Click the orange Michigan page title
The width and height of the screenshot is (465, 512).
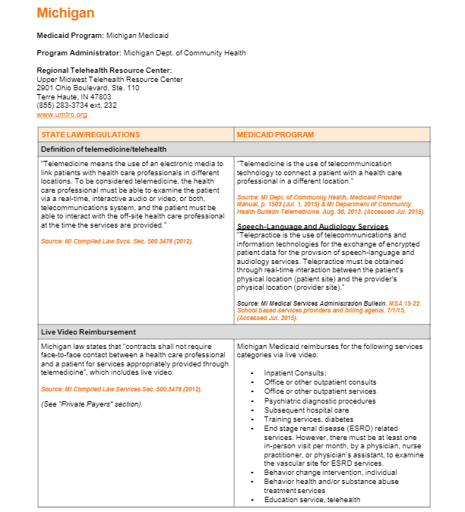tap(65, 13)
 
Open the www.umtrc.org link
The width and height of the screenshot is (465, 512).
tap(62, 115)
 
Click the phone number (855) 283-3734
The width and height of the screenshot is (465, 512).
tap(65, 105)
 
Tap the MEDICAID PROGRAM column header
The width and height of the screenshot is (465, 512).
tap(275, 135)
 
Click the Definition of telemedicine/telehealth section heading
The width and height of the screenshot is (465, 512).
tap(103, 149)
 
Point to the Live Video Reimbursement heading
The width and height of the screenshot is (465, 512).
tap(88, 332)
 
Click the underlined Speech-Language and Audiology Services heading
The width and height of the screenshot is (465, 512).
tap(312, 227)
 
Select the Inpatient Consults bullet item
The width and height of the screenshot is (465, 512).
tap(295, 373)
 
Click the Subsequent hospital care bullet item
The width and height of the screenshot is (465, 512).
tap(306, 410)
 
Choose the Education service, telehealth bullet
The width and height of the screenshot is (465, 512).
tap(312, 500)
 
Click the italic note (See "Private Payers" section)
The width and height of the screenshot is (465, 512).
tap(91, 404)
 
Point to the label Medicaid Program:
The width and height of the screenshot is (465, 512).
tap(70, 36)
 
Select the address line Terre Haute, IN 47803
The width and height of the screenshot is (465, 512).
tap(74, 97)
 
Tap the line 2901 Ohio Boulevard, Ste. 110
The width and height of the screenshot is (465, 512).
tap(88, 88)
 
